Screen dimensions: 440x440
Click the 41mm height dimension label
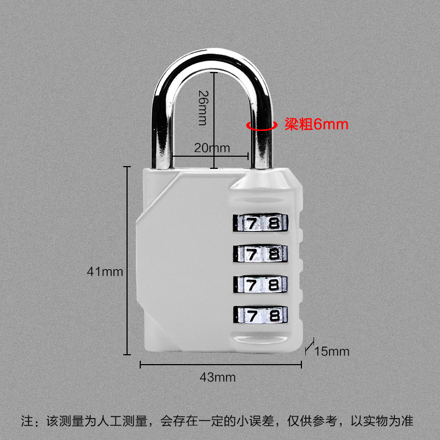(104, 271)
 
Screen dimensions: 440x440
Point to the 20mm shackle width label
(211, 148)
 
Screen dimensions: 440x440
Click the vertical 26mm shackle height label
(202, 108)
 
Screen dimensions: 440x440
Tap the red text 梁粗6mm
(316, 124)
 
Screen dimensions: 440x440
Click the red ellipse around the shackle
(261, 125)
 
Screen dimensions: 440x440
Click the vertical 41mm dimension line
(128, 258)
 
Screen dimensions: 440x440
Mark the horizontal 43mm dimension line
(220, 364)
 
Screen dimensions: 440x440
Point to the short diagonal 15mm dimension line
(309, 346)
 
